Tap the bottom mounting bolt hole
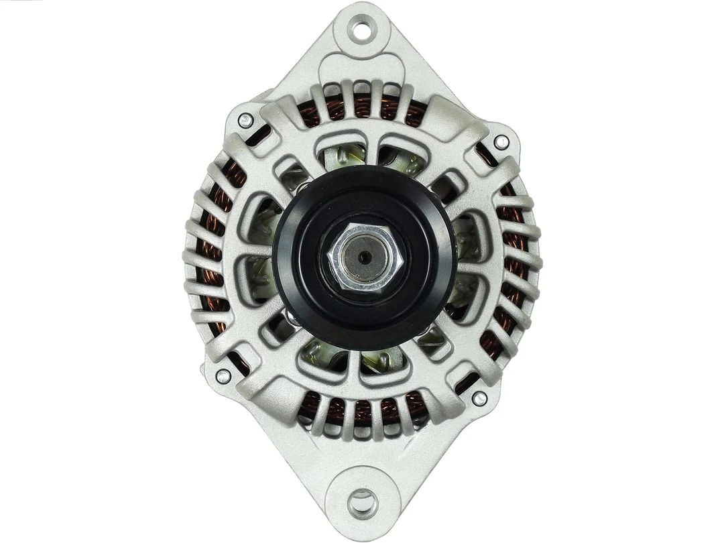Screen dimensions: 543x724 coord(363,502)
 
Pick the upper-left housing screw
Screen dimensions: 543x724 coord(245,121)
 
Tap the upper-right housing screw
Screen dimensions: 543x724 coord(501,142)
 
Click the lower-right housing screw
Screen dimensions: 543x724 coord(479,398)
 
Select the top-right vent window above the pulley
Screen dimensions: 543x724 coord(402,158)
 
